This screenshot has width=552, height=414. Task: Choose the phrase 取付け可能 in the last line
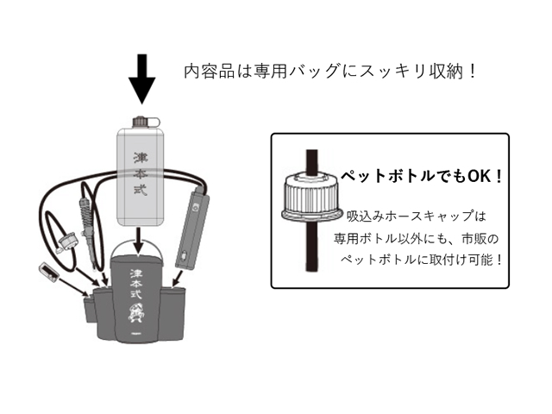[470, 259]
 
